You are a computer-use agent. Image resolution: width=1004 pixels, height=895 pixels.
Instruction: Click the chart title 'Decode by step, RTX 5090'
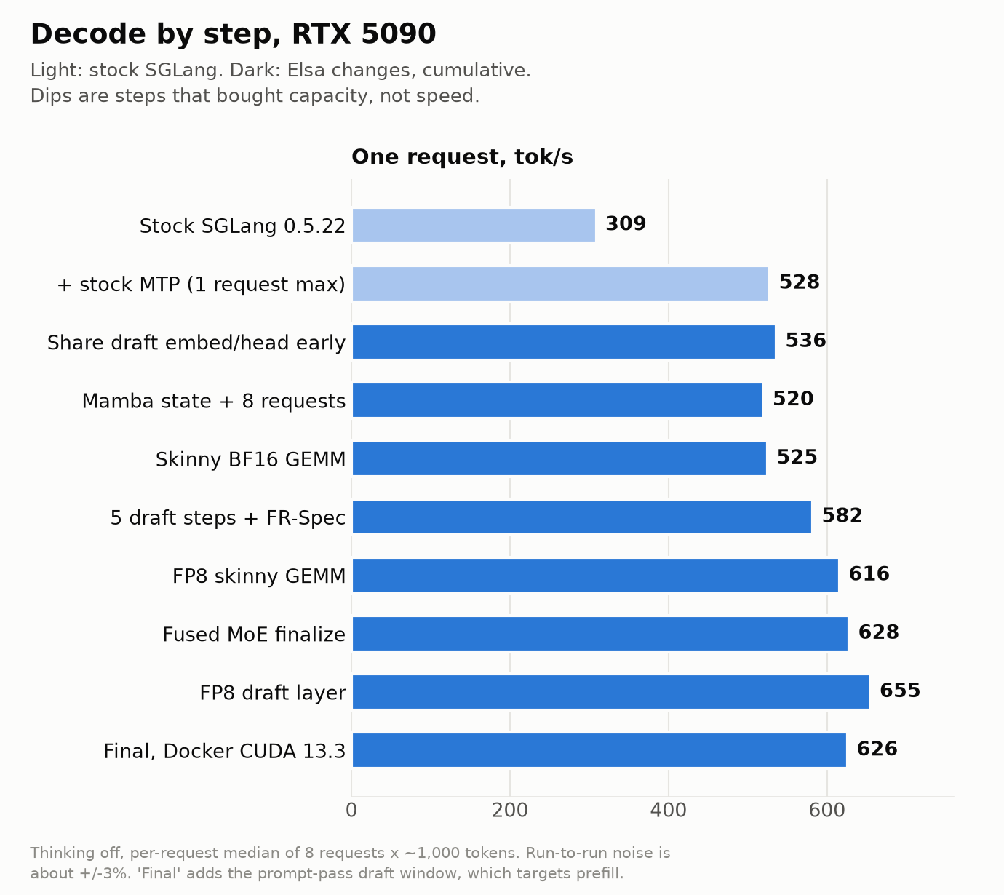point(233,34)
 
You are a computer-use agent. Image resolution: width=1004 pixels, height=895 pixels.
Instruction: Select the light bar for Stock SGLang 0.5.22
point(474,225)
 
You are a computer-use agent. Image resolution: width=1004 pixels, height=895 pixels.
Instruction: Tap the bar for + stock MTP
point(560,284)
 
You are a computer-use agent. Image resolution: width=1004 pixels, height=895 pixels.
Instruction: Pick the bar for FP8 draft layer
point(611,692)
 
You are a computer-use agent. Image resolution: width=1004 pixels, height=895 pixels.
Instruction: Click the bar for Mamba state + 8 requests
point(557,400)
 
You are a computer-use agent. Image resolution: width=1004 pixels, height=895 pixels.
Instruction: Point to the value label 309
point(626,223)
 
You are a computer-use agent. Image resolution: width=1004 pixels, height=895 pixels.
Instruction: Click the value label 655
point(900,691)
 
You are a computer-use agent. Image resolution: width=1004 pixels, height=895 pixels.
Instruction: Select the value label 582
point(842,515)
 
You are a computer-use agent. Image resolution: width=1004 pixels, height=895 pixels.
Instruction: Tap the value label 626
point(877,749)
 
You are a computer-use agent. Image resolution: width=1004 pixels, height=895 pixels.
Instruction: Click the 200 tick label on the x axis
point(510,811)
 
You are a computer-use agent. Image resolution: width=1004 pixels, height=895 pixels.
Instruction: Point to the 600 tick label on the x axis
point(827,811)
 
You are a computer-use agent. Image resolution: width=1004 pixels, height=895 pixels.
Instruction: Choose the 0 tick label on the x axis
point(351,811)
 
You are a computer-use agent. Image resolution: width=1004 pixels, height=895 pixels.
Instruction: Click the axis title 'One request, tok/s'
point(463,156)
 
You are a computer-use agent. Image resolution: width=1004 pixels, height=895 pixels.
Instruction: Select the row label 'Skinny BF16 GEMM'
point(250,459)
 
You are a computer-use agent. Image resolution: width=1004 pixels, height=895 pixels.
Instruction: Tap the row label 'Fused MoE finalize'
point(254,635)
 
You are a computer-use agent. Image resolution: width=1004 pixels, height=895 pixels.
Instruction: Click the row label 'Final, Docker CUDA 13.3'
point(225,751)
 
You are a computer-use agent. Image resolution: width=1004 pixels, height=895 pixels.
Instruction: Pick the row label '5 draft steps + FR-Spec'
point(228,518)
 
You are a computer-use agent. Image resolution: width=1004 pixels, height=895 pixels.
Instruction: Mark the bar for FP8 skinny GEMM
point(595,576)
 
